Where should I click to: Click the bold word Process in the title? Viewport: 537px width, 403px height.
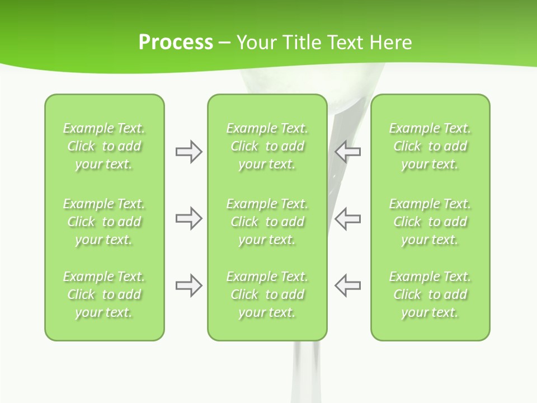(x=176, y=43)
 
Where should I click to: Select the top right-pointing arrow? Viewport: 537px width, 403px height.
(x=189, y=152)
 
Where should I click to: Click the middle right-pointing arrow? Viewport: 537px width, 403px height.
(x=189, y=218)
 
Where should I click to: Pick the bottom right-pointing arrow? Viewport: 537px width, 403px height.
(x=189, y=285)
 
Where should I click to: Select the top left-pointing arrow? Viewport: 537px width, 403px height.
(x=347, y=152)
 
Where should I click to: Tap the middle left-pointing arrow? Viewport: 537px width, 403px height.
(x=347, y=218)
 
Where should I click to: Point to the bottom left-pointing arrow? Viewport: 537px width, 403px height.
(x=347, y=285)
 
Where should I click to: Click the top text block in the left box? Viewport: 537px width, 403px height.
(x=104, y=146)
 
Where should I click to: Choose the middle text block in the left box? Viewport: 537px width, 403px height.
(x=104, y=222)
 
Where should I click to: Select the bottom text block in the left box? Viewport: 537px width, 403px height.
(x=104, y=294)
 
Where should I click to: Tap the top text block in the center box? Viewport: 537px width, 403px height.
(x=267, y=146)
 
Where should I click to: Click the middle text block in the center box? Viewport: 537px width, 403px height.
(x=267, y=222)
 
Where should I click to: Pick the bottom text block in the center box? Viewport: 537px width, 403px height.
(x=267, y=294)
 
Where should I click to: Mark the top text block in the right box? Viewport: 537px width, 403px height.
(x=430, y=146)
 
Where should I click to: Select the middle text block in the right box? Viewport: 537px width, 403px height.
(x=430, y=222)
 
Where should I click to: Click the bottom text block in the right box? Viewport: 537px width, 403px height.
(x=430, y=294)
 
